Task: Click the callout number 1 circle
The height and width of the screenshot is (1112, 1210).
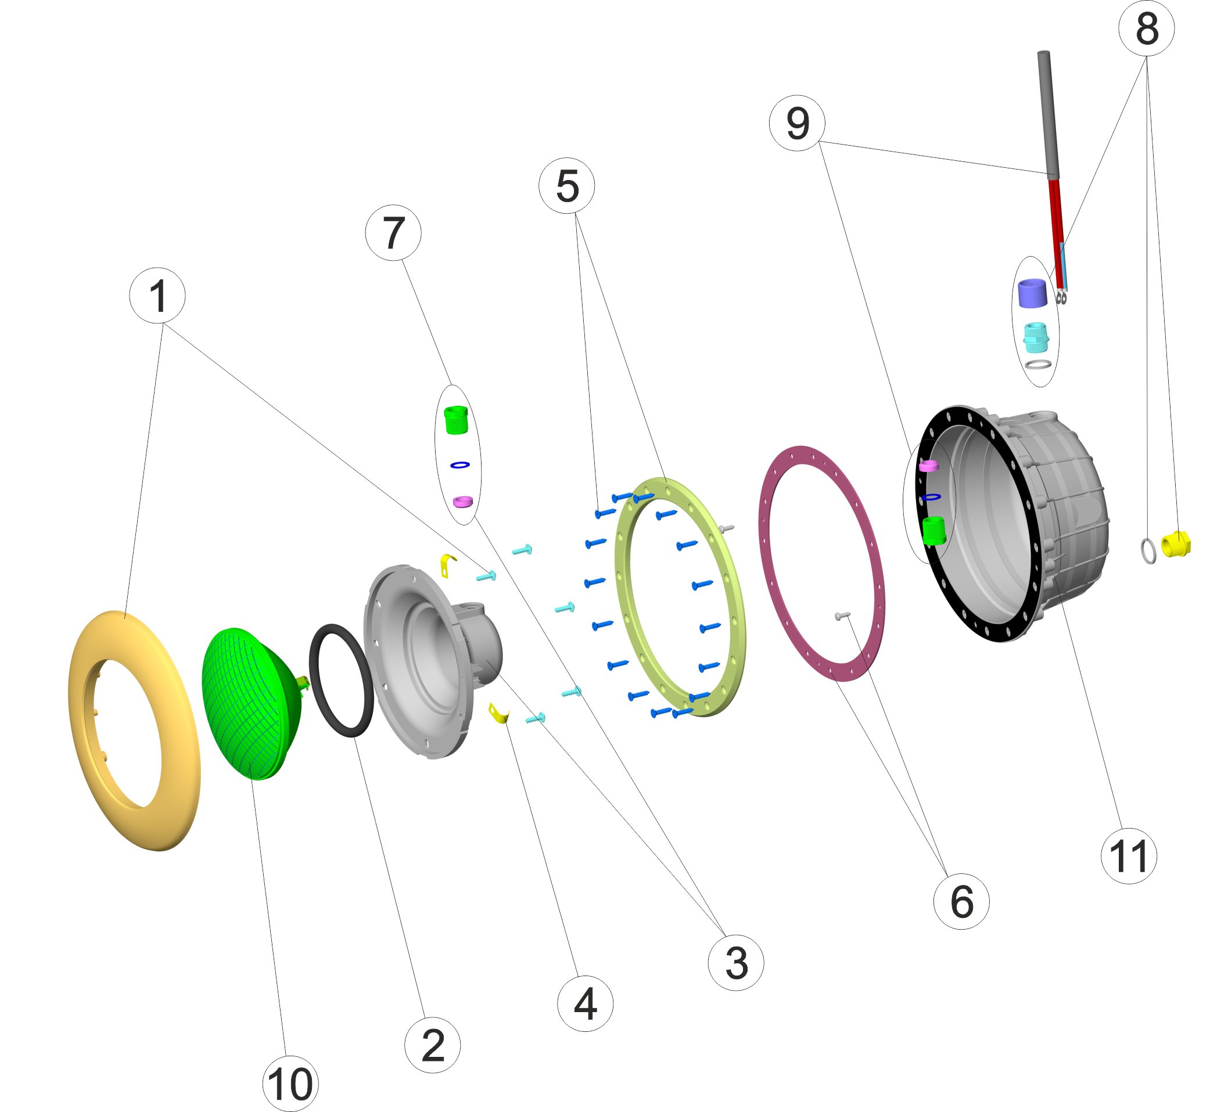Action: [157, 296]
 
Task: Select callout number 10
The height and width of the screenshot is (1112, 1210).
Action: [290, 1083]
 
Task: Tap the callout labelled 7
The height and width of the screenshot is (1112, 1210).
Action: [393, 233]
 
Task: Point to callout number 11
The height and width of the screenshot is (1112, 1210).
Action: [1128, 857]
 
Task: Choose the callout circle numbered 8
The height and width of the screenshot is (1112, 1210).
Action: [1146, 28]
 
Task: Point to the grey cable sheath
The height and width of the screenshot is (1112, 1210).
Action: [1048, 114]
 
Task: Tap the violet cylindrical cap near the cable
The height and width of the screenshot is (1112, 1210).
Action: [1032, 293]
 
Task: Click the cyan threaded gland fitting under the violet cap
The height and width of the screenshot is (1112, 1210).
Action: [1035, 337]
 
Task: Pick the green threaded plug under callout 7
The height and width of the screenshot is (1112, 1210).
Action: [455, 419]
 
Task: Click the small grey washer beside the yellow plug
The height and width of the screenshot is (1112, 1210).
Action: [1148, 550]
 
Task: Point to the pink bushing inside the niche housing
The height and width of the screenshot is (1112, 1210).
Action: [929, 466]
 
